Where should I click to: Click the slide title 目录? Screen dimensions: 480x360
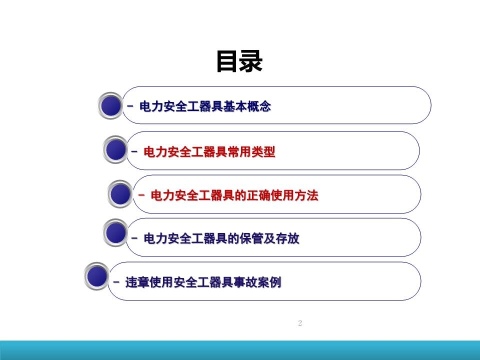(239, 61)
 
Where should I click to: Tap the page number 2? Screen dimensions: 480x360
(300, 322)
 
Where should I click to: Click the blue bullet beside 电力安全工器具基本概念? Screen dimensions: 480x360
(110, 105)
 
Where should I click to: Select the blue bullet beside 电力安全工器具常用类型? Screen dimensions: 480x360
(115, 149)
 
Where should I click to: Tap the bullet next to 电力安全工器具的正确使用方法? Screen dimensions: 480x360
(120, 194)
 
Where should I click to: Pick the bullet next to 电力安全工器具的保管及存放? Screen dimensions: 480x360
(115, 233)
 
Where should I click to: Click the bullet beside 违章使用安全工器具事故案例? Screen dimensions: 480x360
(96, 276)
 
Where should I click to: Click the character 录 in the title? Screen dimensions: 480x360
(251, 61)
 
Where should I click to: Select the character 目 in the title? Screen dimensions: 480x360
(228, 61)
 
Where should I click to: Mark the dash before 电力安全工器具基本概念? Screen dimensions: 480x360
(130, 106)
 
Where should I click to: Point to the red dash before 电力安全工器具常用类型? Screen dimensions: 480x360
(134, 151)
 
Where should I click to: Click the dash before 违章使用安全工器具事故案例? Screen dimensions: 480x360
(116, 281)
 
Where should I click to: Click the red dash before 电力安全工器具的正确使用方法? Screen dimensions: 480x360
(141, 194)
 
